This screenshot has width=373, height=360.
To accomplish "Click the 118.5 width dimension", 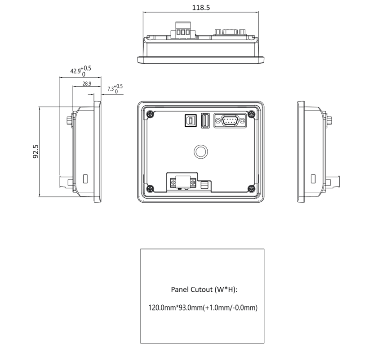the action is [x=201, y=8].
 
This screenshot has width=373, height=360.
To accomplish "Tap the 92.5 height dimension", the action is [x=36, y=151].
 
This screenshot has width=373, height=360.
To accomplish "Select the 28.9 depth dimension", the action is [x=87, y=84].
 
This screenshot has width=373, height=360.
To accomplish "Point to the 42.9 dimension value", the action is [x=75, y=71].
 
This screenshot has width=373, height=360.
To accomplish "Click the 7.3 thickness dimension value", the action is [x=111, y=89].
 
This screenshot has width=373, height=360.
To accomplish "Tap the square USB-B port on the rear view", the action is [x=191, y=120].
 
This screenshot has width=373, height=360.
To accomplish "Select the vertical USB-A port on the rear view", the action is [x=205, y=120].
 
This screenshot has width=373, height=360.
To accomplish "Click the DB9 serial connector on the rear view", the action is [x=230, y=120].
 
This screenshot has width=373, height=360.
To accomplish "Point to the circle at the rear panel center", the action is [x=201, y=145].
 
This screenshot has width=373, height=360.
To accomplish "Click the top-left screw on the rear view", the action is [x=150, y=114].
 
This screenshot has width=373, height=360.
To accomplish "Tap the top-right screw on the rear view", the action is [x=251, y=114].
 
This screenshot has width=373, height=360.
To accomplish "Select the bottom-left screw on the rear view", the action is [x=150, y=189].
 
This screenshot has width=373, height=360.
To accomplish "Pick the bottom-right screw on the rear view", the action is [x=251, y=189].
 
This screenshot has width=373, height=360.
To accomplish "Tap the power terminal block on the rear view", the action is [x=183, y=182].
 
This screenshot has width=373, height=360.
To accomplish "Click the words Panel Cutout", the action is [x=192, y=289].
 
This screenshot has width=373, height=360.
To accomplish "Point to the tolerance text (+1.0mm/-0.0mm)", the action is [x=230, y=308].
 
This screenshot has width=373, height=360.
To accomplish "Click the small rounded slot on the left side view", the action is [x=85, y=179].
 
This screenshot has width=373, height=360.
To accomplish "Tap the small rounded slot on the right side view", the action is [x=313, y=179].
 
